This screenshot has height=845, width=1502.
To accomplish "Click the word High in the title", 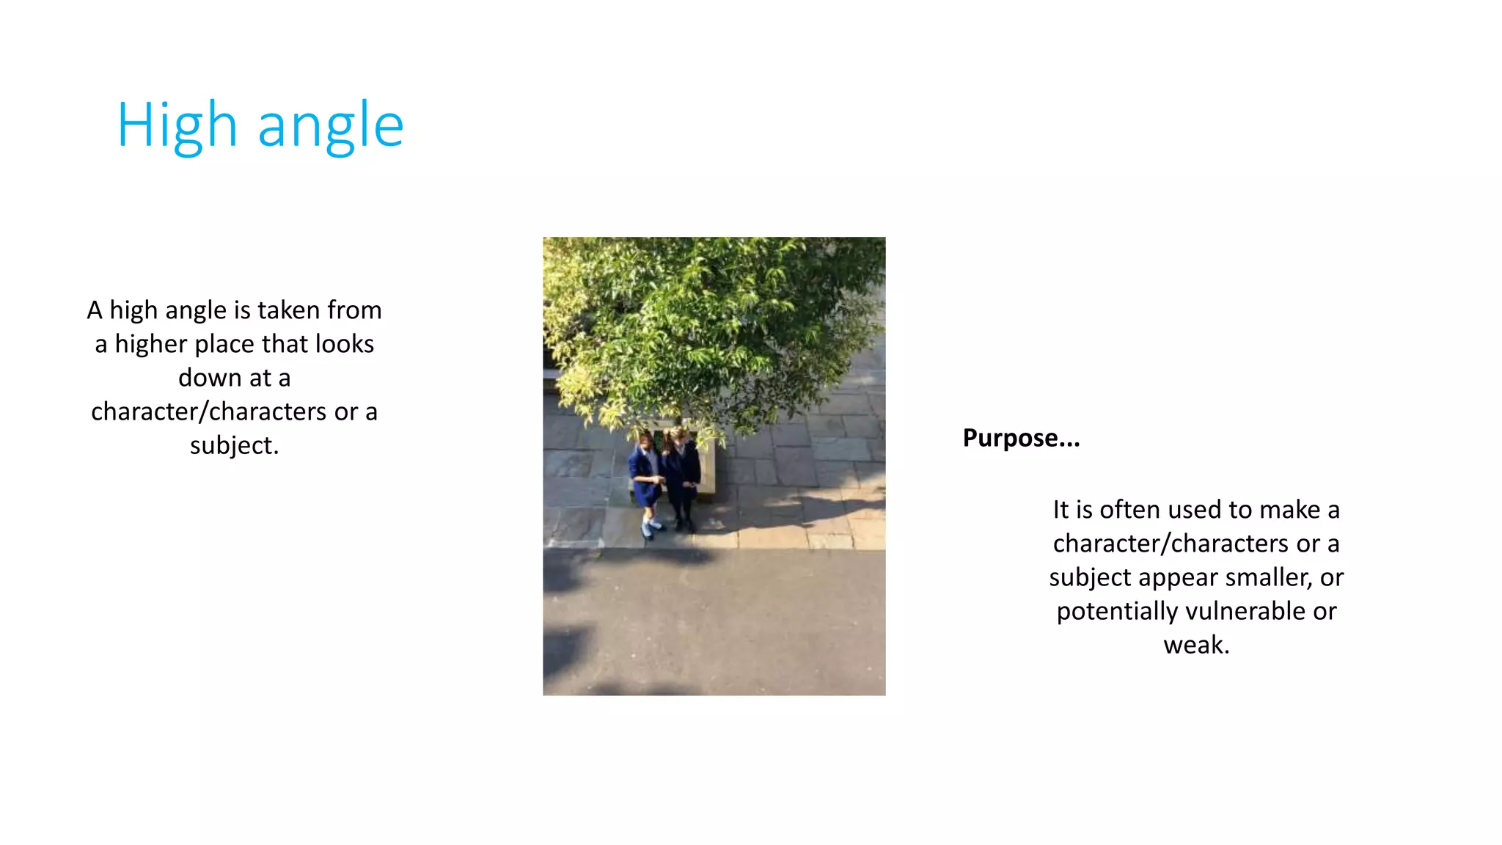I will click(177, 125).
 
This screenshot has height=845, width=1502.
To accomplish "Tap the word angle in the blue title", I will click(331, 125).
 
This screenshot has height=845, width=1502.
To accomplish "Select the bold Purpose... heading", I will click(1021, 438).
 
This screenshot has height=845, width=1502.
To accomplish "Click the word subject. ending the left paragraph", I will click(235, 445).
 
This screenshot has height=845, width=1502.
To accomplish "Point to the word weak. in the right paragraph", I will click(1196, 645).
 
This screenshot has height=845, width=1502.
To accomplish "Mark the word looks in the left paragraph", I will click(345, 344).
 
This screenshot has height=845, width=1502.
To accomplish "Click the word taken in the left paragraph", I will click(288, 310).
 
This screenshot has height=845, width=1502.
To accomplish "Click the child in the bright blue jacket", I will click(645, 477).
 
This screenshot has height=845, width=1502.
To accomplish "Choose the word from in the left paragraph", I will click(354, 310).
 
